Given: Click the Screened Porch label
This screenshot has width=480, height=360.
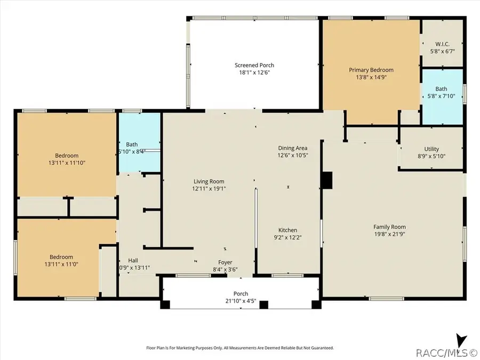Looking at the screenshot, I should [254, 65].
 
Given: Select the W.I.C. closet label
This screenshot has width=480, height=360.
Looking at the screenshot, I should [442, 43].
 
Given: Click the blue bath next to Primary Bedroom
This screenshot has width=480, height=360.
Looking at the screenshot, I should [442, 96].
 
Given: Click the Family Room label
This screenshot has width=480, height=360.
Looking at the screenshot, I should [389, 227].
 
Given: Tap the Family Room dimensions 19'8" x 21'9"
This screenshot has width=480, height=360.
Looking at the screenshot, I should [389, 235].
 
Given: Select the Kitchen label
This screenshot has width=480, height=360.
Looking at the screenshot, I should [287, 230].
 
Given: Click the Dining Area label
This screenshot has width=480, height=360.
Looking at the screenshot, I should [293, 148].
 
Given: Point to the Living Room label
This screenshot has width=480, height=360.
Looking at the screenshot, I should [208, 181].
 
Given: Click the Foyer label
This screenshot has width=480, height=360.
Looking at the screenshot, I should [225, 262].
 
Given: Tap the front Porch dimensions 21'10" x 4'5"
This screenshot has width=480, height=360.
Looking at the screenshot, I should [241, 301].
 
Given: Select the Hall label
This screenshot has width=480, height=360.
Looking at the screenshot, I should [126, 260].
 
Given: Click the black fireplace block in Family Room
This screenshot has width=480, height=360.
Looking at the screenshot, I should [326, 180].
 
